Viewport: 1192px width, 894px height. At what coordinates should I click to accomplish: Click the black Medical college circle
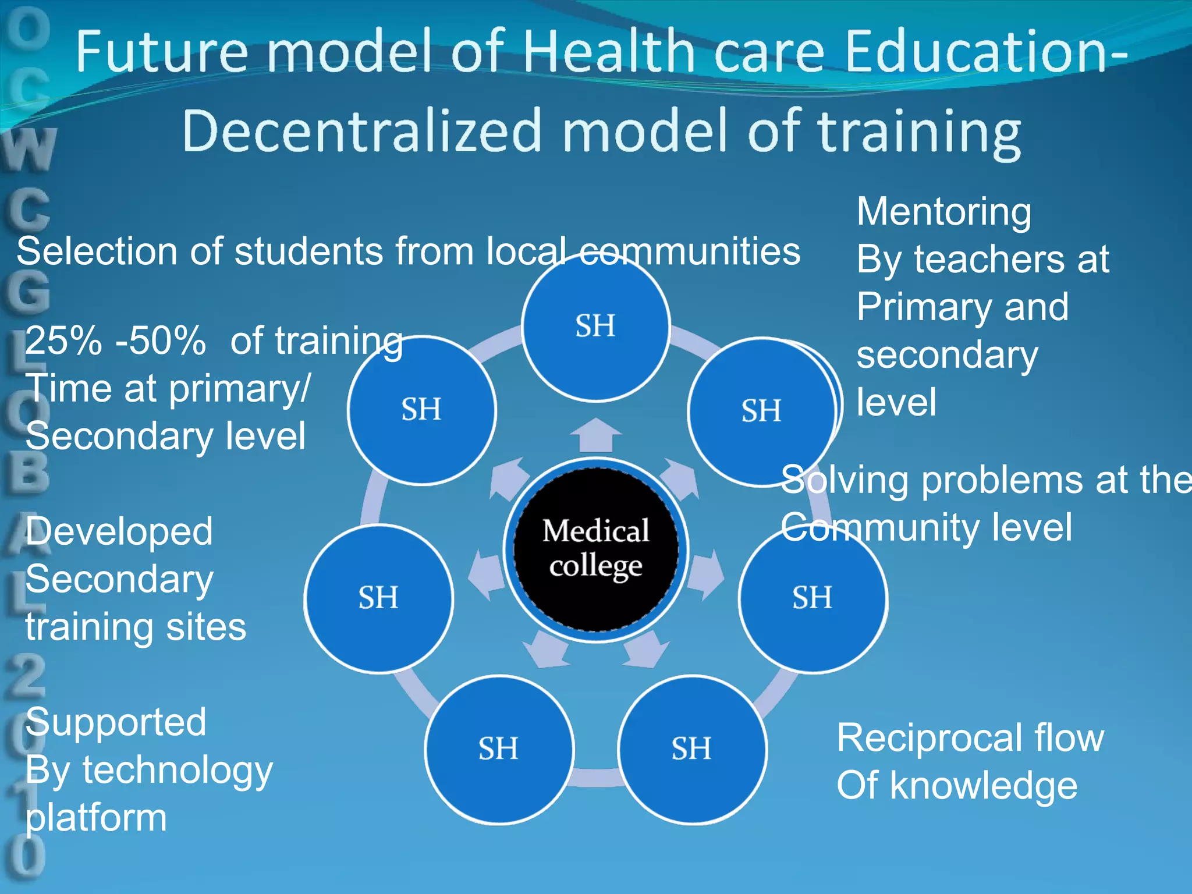tap(595, 549)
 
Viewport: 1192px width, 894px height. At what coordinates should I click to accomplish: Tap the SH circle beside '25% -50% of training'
tap(421, 410)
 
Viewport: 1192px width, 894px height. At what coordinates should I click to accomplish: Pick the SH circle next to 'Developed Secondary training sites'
tap(378, 598)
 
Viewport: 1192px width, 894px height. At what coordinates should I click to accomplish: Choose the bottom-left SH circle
tap(499, 749)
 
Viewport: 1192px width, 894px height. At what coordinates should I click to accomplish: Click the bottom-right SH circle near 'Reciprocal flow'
tap(692, 749)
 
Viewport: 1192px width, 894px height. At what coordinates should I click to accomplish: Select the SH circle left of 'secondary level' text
tap(761, 411)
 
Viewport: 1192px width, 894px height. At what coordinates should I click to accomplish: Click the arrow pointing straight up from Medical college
tap(595, 435)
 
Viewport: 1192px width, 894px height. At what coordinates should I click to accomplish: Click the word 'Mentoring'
tap(943, 212)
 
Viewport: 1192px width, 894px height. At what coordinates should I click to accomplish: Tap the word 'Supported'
tap(116, 722)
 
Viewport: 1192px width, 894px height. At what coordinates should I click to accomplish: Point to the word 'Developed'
tap(119, 531)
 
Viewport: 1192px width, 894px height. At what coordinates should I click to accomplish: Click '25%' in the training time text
tap(63, 340)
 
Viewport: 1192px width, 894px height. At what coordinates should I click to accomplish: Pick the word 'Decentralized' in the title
tap(361, 131)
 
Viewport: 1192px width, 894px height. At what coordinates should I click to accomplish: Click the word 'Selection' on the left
tap(97, 251)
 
